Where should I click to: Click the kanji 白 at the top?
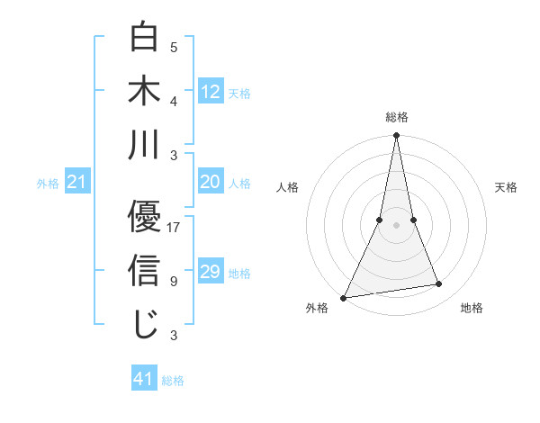coord(146,37)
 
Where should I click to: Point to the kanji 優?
coord(146,216)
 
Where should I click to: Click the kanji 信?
coord(146,270)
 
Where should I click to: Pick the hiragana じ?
coord(146,324)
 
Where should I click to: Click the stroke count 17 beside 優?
coord(175,228)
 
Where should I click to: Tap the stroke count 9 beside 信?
coord(173,282)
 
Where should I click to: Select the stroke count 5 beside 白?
coord(173,48)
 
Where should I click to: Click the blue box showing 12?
coord(211,91)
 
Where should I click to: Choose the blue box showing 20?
coord(211,182)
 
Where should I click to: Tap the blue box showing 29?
coord(211,272)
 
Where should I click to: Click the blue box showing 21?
coord(77,183)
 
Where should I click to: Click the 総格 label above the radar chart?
coord(396,117)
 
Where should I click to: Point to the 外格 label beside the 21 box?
coord(48,184)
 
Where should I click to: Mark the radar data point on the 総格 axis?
coord(396,136)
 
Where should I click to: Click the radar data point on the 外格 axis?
coord(343,298)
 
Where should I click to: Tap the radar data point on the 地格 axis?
coord(439,284)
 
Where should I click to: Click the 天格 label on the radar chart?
coord(506,188)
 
